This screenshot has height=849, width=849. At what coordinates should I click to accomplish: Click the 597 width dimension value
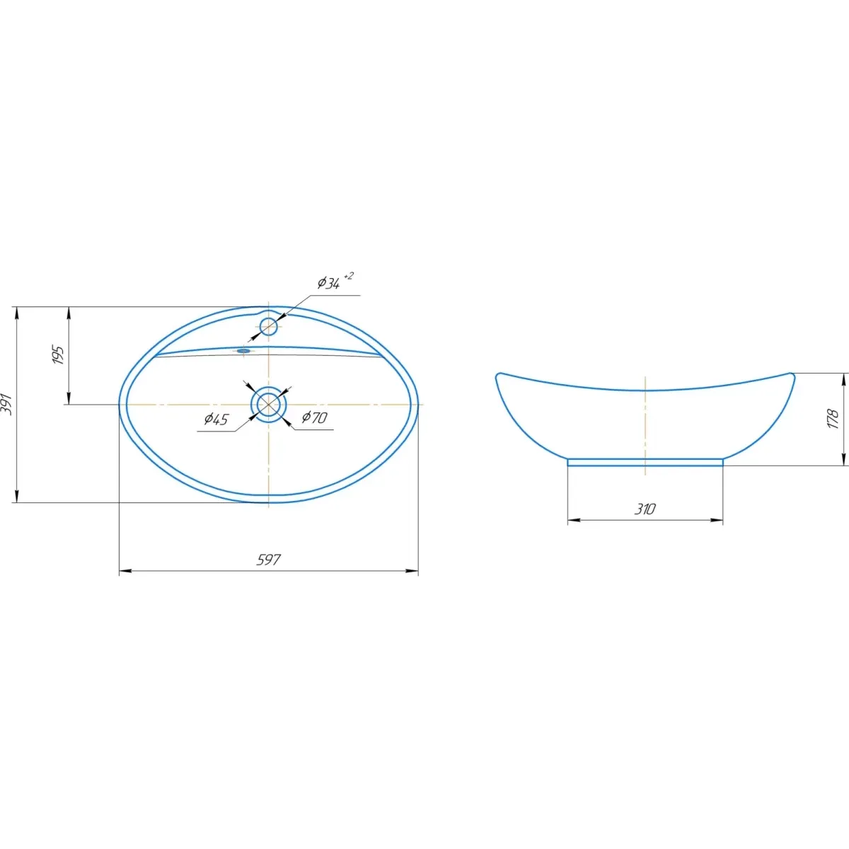point(268,560)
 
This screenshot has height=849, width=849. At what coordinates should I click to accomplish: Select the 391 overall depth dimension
point(8,403)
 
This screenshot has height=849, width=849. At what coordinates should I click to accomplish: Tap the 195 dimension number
point(58,355)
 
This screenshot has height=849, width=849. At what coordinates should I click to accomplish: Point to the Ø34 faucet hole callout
point(329,283)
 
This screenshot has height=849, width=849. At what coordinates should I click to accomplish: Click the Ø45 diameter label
point(216,419)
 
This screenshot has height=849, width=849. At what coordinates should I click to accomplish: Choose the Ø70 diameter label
point(314,417)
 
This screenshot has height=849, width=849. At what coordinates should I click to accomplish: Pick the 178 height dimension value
point(833,419)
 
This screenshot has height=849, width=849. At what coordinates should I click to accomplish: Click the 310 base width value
point(645,509)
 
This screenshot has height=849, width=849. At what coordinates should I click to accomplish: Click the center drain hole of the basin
point(269,404)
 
